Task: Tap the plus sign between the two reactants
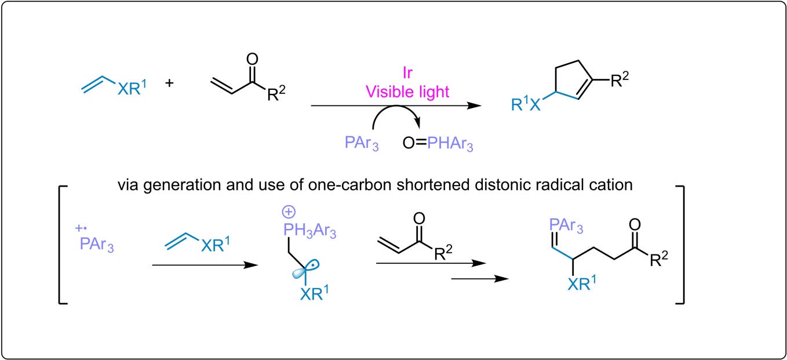coord(170,84)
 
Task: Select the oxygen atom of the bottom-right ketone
coord(636,224)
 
